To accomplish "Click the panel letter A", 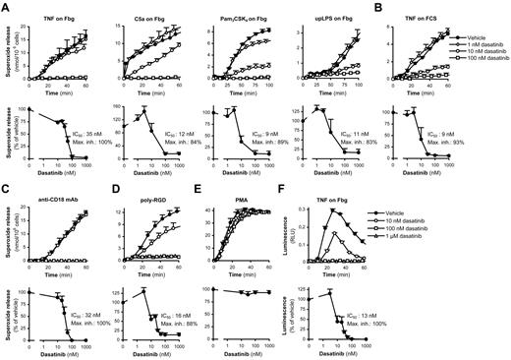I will coord(6,8).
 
